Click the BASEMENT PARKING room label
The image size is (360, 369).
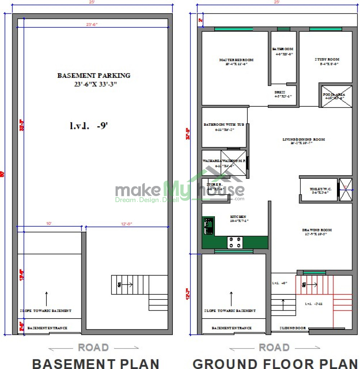[x=94, y=76]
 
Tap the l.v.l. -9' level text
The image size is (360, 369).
[x=89, y=126]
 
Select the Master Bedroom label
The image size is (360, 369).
[x=236, y=60]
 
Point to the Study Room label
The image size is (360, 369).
[x=327, y=59]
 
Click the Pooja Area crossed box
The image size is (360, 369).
[x=337, y=96]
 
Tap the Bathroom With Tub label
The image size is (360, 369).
[x=224, y=125]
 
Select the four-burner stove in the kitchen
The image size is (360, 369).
[x=235, y=242]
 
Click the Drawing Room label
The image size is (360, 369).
[x=317, y=230]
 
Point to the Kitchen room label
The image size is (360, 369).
[x=238, y=217]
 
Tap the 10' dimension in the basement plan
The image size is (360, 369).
[x=49, y=224]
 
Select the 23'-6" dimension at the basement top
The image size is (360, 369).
[x=91, y=25]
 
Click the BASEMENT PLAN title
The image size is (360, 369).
[x=96, y=363]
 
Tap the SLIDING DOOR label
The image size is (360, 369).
[x=293, y=328]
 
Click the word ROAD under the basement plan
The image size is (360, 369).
[x=93, y=348]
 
